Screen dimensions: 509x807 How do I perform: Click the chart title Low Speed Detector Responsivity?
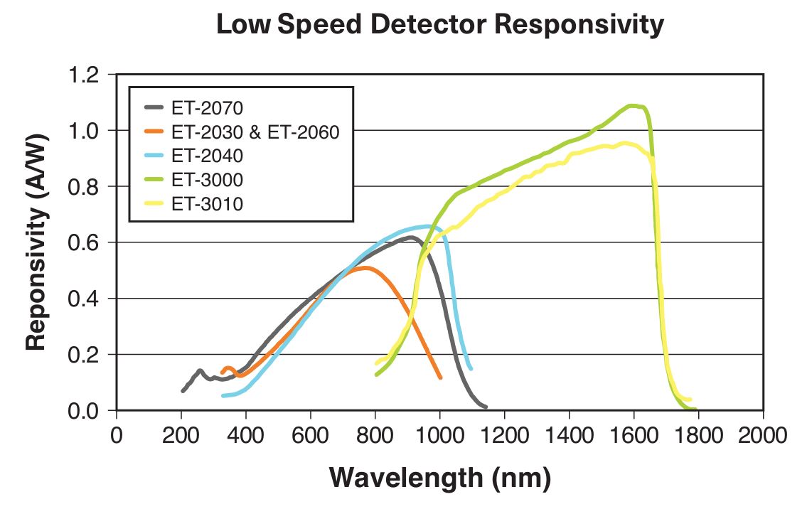pos(439,24)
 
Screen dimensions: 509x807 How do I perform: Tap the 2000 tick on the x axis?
pos(763,434)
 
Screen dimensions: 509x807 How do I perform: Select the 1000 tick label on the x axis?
pos(439,434)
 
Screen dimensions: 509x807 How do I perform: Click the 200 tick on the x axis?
pos(181,434)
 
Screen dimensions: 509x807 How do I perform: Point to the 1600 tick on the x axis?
pos(634,434)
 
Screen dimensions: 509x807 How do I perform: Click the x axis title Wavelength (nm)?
pos(439,477)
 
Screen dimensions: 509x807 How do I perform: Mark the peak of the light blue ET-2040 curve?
pos(427,227)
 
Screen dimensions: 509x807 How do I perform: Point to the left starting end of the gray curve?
pos(183,390)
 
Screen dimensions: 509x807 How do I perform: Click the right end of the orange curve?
pos(440,377)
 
